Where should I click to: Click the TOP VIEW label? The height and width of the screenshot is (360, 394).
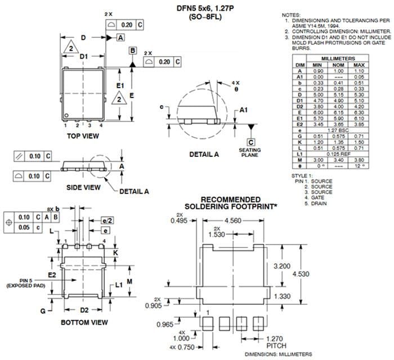(x=83, y=136)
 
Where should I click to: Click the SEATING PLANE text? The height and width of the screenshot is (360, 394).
(x=250, y=152)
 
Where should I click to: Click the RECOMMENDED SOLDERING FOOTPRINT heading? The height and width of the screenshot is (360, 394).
(x=231, y=203)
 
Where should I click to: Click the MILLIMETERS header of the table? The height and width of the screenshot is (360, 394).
(x=338, y=58)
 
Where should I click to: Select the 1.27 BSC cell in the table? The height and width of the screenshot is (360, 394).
(x=338, y=130)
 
